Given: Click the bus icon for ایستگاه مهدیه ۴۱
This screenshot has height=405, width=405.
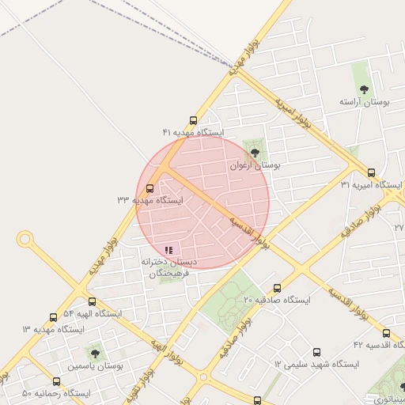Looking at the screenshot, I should pos(193,121).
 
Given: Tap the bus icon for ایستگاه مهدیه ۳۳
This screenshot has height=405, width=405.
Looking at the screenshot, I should pos(150,188).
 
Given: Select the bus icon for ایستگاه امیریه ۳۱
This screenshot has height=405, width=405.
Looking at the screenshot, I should pos(371,172).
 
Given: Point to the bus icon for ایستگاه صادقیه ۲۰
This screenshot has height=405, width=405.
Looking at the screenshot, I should pos(277,288).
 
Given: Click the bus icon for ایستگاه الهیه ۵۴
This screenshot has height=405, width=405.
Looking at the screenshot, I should pos(92,301).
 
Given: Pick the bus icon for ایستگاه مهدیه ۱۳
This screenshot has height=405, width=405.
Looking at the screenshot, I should pos(53,316).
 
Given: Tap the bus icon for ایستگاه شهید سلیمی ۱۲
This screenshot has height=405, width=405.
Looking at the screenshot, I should pos(316,352).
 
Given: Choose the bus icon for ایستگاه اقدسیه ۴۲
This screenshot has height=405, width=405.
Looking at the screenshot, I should pos(386,333).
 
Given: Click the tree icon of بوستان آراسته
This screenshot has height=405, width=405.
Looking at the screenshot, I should pos(364,89).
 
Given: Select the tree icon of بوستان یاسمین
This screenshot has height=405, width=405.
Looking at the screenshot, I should pos(95,354).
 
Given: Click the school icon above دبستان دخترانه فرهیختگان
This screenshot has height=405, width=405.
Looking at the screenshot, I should pos(168,250).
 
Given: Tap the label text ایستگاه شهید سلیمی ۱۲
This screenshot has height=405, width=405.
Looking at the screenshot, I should pos(316,365).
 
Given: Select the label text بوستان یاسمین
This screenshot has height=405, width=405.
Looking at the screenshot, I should pos(95,367).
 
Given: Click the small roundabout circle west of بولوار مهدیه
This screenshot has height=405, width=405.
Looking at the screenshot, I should pos(25,237).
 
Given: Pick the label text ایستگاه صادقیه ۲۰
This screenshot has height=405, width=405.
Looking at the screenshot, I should pos(277,301).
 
